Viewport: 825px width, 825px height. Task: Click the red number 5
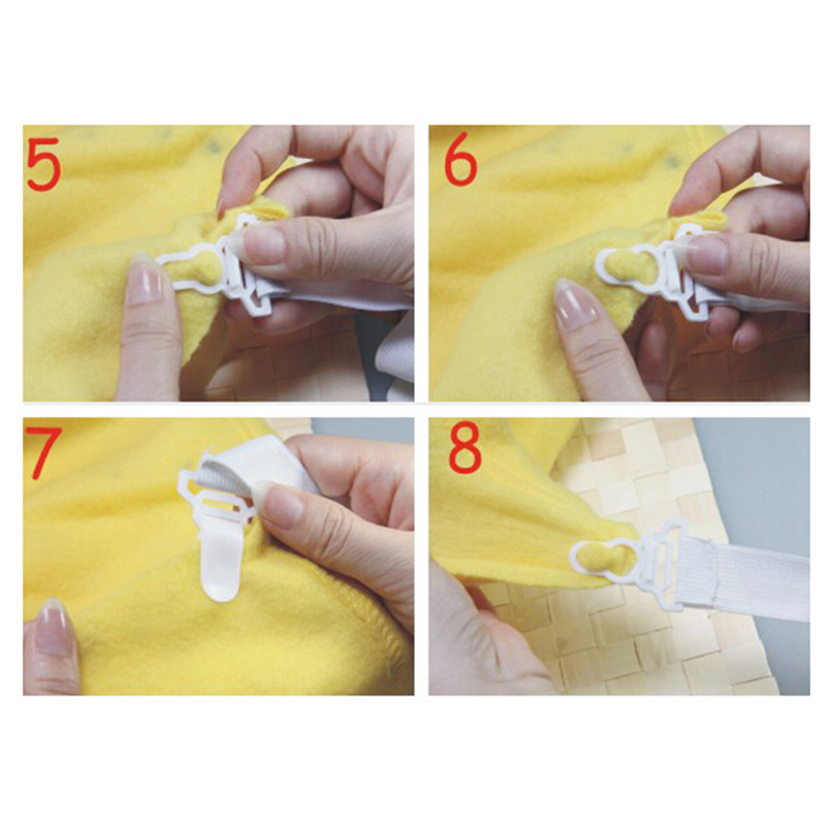pyautogui.click(x=43, y=164)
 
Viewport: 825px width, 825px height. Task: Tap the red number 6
pyautogui.click(x=461, y=158)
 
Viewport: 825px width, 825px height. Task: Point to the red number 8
pyautogui.click(x=465, y=447)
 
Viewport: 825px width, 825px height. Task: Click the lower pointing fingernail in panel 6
pyautogui.click(x=576, y=304)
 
